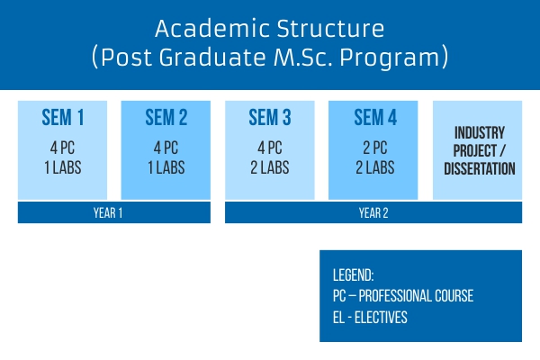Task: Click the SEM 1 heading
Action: point(63,118)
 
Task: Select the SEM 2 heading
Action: point(166,118)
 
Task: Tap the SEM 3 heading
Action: point(270,118)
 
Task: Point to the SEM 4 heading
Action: point(375,118)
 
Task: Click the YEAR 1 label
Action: point(108,213)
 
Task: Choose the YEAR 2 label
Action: point(373,213)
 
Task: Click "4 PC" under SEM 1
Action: point(62,148)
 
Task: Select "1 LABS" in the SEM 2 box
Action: point(166,167)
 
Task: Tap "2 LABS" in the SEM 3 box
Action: point(270,167)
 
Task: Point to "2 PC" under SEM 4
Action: point(375,148)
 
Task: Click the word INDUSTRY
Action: point(480,132)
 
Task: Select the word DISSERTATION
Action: point(480,168)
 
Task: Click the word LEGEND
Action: point(353,275)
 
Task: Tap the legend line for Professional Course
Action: point(403,296)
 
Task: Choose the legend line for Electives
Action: point(370,318)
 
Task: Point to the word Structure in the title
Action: point(330,28)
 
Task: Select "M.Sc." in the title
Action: point(303,57)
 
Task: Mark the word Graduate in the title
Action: point(212,57)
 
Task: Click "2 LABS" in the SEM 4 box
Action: point(375,167)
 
